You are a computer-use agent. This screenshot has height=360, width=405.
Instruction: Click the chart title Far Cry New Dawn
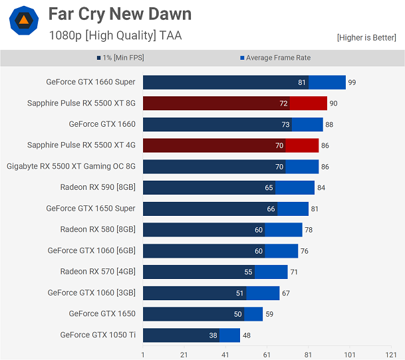[x=120, y=14]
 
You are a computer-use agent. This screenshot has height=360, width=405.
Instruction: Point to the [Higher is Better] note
[x=366, y=38]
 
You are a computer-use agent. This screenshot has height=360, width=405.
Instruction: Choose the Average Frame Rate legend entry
[x=275, y=58]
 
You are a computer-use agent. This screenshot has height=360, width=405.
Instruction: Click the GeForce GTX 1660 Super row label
[x=90, y=82]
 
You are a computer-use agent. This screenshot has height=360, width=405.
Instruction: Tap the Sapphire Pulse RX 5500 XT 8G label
[x=81, y=103]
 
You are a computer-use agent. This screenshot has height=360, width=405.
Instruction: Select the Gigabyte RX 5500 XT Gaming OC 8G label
[x=71, y=166]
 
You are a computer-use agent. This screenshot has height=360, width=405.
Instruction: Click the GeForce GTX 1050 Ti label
[x=98, y=335]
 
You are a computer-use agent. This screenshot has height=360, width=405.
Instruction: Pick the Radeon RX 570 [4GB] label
[x=98, y=272]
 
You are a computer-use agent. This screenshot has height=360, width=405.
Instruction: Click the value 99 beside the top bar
[x=352, y=82]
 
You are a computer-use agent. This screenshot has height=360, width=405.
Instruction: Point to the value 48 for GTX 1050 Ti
[x=247, y=335]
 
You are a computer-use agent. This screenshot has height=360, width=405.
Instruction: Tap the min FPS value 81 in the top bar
[x=303, y=82]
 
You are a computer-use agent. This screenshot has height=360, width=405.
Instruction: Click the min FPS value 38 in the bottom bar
[x=213, y=335]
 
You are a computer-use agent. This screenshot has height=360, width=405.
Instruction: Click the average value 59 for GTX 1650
[x=269, y=314]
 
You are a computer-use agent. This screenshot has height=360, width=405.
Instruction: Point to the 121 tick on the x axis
[x=391, y=355]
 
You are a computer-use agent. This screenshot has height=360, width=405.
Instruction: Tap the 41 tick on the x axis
[x=225, y=355]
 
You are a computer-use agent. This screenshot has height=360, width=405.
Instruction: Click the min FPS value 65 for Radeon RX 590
[x=269, y=188]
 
